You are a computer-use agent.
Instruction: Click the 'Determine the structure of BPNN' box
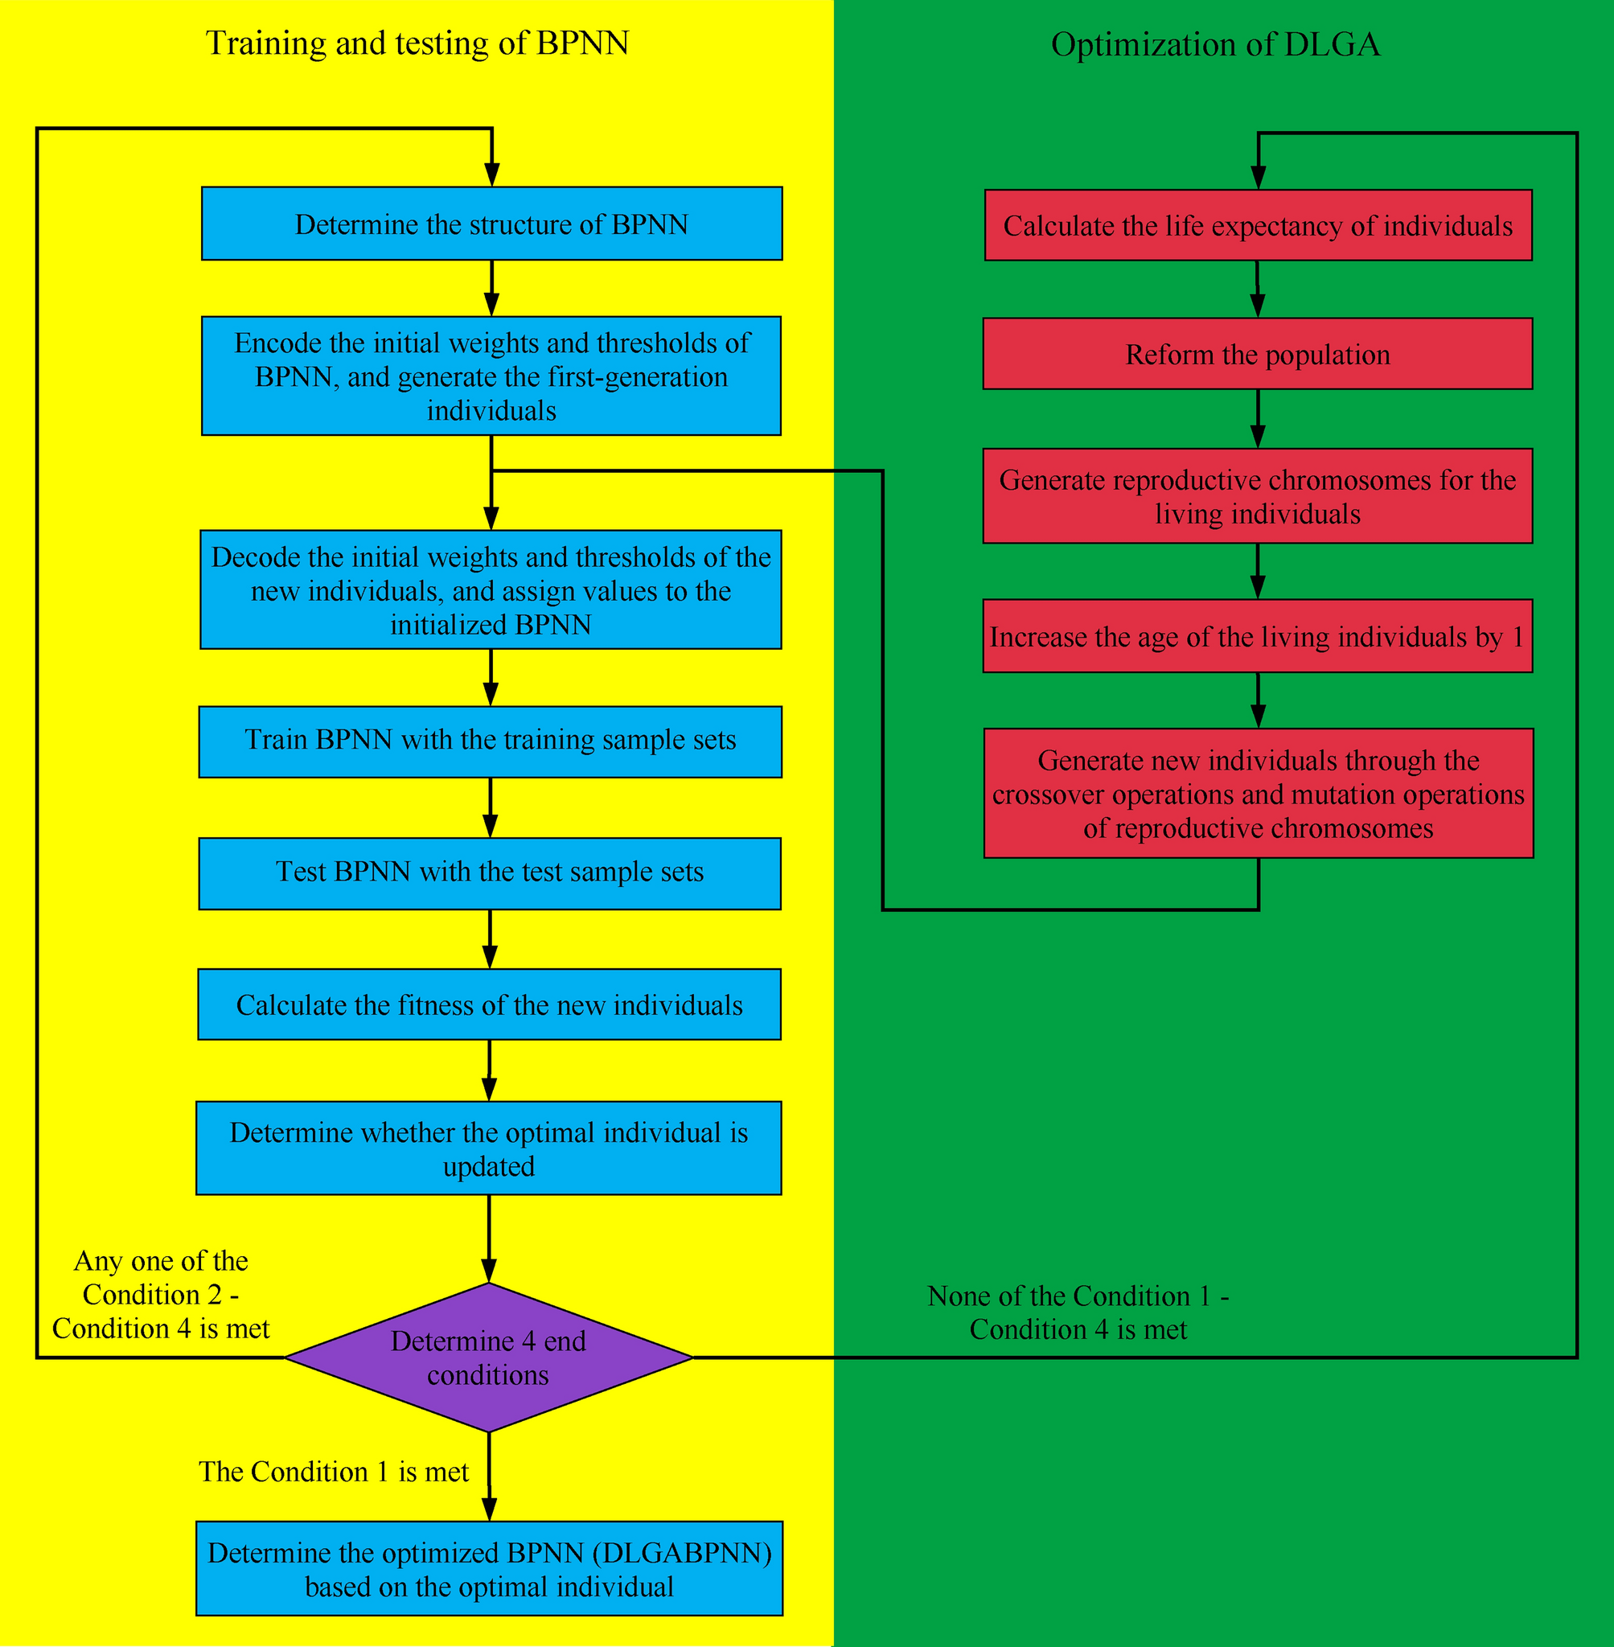pyautogui.click(x=491, y=224)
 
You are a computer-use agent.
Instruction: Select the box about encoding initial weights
pyautogui.click(x=491, y=376)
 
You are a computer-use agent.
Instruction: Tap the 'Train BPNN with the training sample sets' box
pyautogui.click(x=490, y=741)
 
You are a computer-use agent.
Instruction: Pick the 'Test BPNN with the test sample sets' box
pyautogui.click(x=490, y=873)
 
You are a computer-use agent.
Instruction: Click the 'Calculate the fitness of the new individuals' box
pyautogui.click(x=489, y=1004)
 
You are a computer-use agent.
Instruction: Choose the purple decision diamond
pyautogui.click(x=488, y=1357)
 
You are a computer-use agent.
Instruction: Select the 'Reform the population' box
pyautogui.click(x=1257, y=354)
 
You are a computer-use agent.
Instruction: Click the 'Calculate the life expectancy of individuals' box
pyautogui.click(x=1258, y=225)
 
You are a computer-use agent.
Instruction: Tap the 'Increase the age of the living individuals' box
pyautogui.click(x=1257, y=636)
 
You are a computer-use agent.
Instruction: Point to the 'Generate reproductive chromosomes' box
pyautogui.click(x=1257, y=496)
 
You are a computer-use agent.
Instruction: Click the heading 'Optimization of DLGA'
pyautogui.click(x=1216, y=44)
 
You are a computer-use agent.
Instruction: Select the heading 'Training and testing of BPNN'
pyautogui.click(x=417, y=43)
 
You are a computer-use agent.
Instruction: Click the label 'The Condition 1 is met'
pyautogui.click(x=333, y=1472)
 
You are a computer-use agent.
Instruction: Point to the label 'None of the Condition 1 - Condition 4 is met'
pyautogui.click(x=1078, y=1312)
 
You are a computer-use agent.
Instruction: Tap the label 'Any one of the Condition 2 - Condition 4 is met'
pyautogui.click(x=161, y=1295)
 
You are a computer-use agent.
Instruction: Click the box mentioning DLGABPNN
pyautogui.click(x=489, y=1569)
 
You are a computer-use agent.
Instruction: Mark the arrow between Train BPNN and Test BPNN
pyautogui.click(x=490, y=807)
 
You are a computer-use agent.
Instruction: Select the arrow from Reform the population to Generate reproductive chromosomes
pyautogui.click(x=1257, y=419)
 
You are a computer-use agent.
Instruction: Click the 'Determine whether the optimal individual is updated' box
pyautogui.click(x=488, y=1148)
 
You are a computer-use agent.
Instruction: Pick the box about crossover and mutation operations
pyautogui.click(x=1258, y=794)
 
